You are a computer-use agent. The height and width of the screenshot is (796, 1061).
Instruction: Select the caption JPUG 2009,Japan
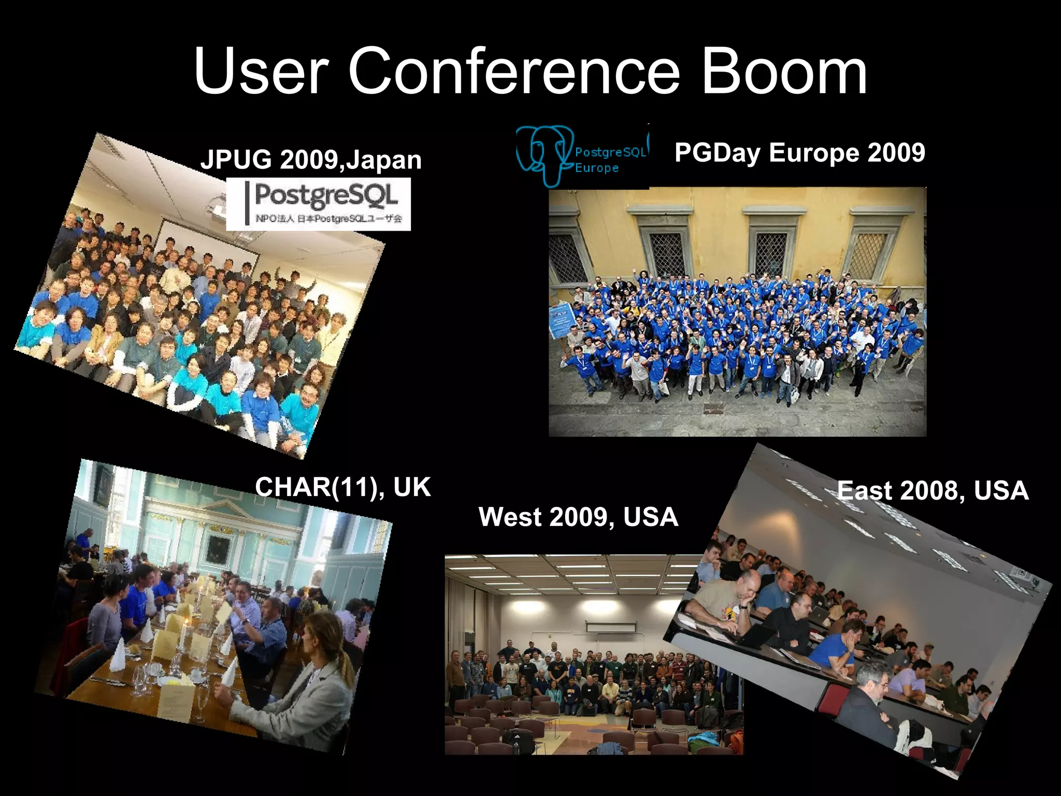click(311, 160)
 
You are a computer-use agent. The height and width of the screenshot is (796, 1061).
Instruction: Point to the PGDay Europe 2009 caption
click(799, 152)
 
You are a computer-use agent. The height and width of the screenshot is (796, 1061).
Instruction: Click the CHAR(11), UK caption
click(342, 487)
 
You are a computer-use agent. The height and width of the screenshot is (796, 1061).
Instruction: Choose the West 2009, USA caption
click(578, 517)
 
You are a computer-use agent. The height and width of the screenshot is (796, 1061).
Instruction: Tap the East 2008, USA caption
click(933, 490)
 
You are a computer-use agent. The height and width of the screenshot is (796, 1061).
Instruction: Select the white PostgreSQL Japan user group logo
click(318, 204)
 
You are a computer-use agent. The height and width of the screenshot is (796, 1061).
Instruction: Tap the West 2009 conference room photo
click(570, 658)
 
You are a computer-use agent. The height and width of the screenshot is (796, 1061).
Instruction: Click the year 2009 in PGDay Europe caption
click(896, 152)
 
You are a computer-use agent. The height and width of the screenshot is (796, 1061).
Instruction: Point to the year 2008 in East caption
click(932, 490)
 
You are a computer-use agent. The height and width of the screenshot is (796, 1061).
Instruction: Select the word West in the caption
click(510, 517)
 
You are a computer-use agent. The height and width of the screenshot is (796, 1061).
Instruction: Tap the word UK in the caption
click(412, 487)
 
